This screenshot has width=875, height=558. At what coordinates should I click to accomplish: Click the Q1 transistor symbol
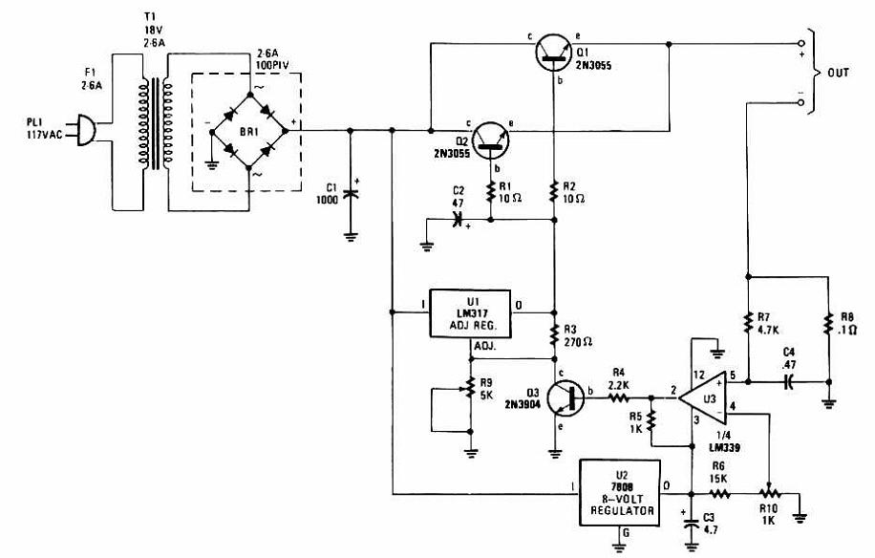(554, 52)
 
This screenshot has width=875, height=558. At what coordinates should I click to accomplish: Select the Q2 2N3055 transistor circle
(490, 141)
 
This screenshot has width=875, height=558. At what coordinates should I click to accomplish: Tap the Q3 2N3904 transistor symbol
(566, 398)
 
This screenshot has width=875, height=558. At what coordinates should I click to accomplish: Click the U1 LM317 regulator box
(470, 313)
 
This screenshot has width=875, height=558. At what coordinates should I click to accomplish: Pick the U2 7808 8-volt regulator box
(620, 493)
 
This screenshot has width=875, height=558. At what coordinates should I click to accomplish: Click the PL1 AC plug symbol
(84, 131)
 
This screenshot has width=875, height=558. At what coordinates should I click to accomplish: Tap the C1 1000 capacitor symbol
(351, 194)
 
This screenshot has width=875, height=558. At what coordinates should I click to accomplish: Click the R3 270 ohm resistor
(554, 336)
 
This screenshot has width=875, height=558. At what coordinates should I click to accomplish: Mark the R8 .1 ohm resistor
(829, 324)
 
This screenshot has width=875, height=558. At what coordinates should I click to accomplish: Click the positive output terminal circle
(801, 44)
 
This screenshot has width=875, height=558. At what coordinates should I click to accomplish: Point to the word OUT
(838, 73)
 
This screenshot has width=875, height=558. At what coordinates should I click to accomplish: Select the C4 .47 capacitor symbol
(788, 382)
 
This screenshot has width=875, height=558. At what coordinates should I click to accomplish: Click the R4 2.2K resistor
(618, 397)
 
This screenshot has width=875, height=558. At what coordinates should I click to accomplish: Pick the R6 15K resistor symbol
(720, 494)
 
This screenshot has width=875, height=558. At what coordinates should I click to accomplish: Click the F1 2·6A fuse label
(91, 78)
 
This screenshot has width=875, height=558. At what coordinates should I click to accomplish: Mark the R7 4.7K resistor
(748, 324)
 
